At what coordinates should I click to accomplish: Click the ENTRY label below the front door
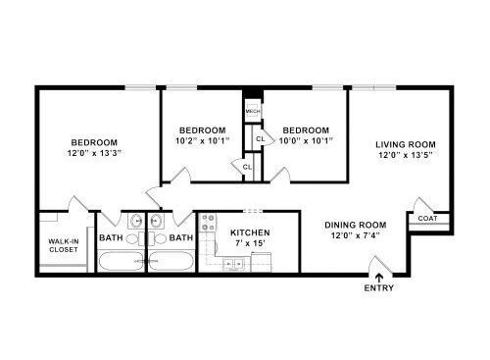point(379,288)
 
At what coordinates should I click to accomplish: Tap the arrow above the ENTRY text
point(379,278)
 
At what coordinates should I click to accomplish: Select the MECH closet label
point(253,112)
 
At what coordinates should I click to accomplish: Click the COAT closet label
point(427,218)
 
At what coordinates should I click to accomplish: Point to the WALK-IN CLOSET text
point(64,245)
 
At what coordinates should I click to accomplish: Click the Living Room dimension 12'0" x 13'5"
point(406,155)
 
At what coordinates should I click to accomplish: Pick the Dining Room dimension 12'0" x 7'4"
point(356,235)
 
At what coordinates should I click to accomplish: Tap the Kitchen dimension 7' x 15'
point(250,243)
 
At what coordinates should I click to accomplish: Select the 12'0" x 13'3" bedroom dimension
point(94,153)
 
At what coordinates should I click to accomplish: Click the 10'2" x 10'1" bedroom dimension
point(203,141)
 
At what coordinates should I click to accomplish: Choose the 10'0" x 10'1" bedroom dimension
point(306,141)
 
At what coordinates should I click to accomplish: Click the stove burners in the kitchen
point(208,223)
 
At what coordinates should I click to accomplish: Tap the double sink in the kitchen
point(233,263)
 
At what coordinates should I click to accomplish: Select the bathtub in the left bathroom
point(121,261)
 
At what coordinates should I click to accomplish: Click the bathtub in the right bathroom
point(171,261)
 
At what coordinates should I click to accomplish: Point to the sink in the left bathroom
point(136,222)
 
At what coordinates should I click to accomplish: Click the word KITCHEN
point(250,232)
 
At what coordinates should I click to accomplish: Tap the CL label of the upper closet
point(261,139)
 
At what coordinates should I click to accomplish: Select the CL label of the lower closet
point(247,167)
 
